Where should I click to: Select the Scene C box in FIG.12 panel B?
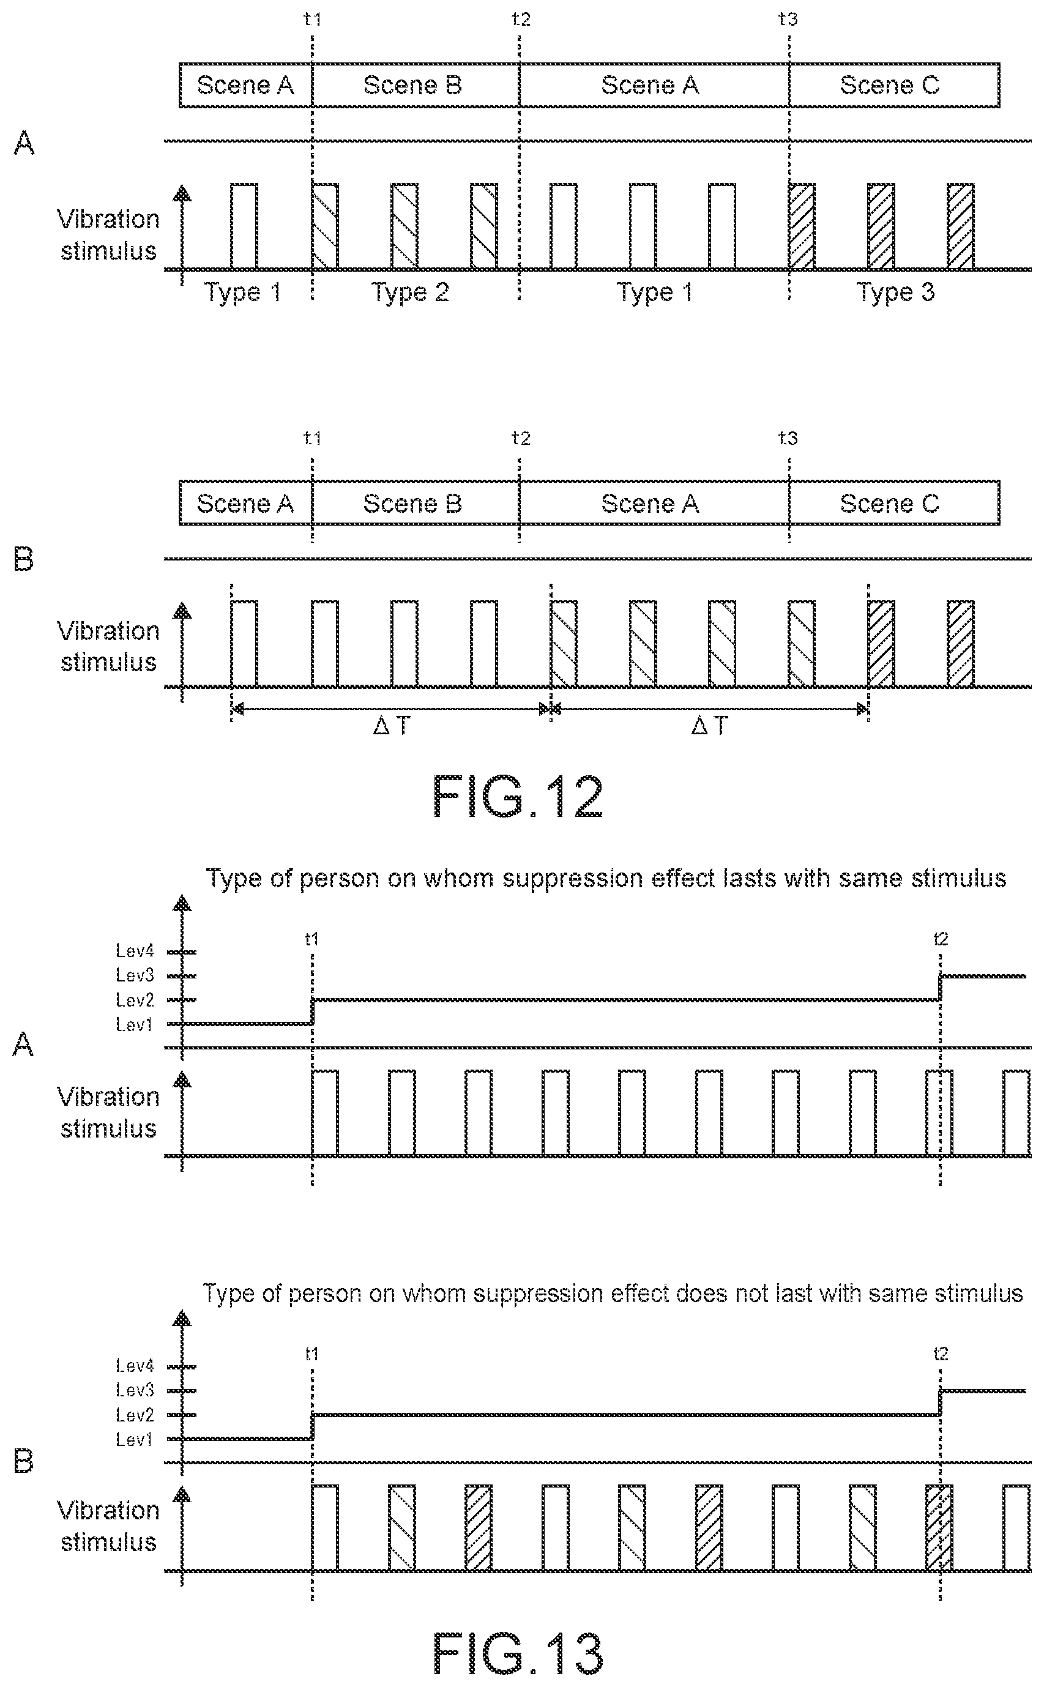(x=894, y=503)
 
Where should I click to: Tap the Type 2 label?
(x=410, y=292)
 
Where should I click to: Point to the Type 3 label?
(x=895, y=292)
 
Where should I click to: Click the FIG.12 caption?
(x=518, y=797)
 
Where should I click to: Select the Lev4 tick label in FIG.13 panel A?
(x=135, y=951)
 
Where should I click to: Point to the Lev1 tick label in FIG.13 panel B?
(x=135, y=1440)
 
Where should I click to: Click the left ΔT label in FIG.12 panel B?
(x=392, y=726)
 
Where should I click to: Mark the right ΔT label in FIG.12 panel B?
(x=710, y=726)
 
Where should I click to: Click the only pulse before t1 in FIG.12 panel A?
(x=244, y=226)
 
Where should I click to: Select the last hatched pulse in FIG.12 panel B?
(x=960, y=644)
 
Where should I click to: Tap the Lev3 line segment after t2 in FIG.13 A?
(x=983, y=976)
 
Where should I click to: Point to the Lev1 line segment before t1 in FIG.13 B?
(x=247, y=1439)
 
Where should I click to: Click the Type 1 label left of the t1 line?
(x=242, y=292)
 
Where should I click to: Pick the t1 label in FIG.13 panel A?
(x=311, y=939)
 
